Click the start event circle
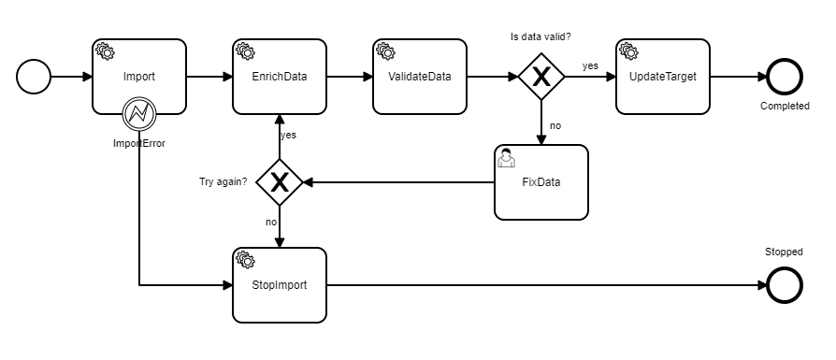coord(35,77)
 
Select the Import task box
coord(138,77)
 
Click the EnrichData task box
coord(279,77)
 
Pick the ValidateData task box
coord(419,77)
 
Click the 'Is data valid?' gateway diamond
coord(541,77)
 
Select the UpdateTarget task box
coord(662,77)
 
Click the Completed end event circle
coord(785,77)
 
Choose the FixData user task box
coord(541,182)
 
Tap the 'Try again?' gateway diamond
coord(279,182)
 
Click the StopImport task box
coord(279,284)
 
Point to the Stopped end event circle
coord(785,284)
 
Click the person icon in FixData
coord(506,158)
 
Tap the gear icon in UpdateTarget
coord(627,50)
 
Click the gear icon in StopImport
coord(245,259)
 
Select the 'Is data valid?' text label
coord(541,36)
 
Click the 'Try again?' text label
coord(223,181)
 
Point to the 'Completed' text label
coord(785,106)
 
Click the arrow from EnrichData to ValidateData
coord(348,77)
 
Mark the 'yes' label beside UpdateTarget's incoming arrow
coord(590,65)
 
